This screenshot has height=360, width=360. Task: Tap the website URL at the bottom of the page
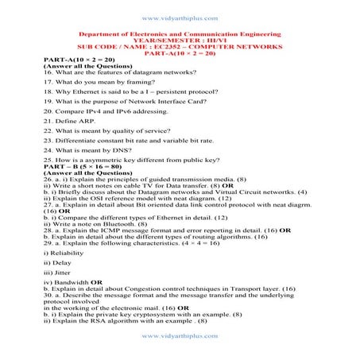pos(180,336)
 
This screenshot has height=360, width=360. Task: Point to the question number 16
pos(48,72)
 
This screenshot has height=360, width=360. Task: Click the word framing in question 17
pos(126,81)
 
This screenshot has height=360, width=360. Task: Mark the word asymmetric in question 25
pos(103,160)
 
